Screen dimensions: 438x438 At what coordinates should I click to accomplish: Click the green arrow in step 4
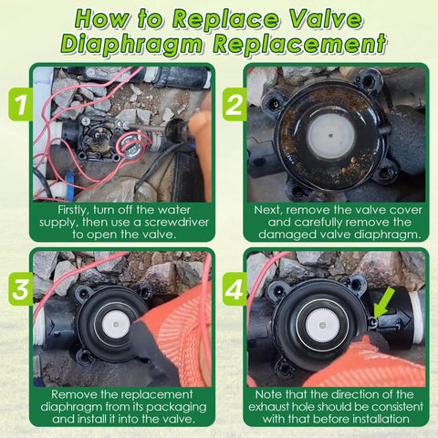(x=382, y=302)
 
